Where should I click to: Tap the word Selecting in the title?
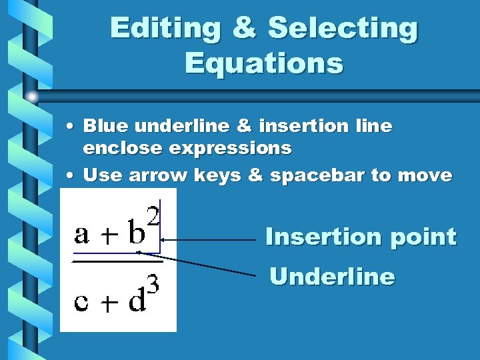[x=343, y=29]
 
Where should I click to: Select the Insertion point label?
[x=361, y=237]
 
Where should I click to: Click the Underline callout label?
[x=332, y=276]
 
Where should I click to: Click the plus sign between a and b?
[x=107, y=236]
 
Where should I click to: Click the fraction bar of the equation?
[x=117, y=261]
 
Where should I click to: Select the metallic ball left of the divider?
[x=31, y=97]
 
